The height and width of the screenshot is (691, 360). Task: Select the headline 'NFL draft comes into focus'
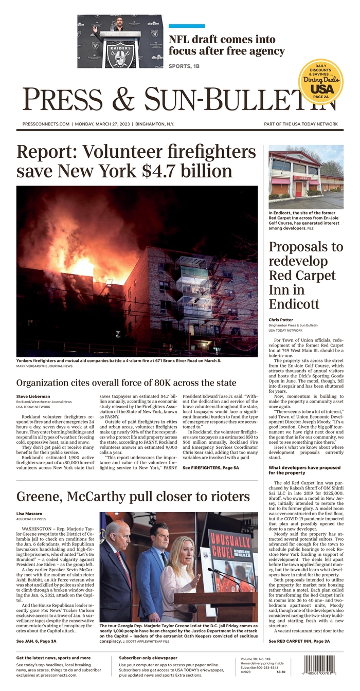coord(226,45)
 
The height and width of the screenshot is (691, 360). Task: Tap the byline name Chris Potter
coord(281,320)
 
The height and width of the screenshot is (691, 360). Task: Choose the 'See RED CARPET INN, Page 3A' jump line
coord(299,641)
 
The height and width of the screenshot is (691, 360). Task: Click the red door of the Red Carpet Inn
coord(298,189)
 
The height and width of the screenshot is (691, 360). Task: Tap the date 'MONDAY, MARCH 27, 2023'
coord(103,124)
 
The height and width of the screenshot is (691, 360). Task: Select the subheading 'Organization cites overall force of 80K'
coord(126,383)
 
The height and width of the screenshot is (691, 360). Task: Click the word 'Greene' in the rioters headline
coord(42,497)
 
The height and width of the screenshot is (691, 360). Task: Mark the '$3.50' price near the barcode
coord(281,672)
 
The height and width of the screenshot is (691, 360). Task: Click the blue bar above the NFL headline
coord(187,26)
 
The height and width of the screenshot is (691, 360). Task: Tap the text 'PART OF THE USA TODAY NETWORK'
coord(301,124)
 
